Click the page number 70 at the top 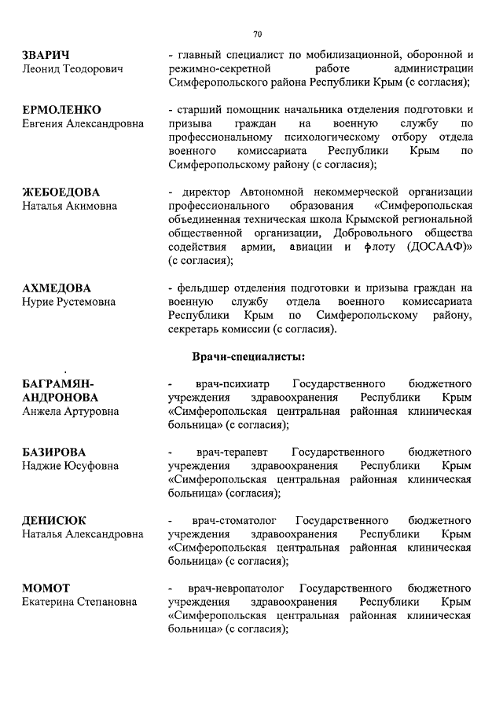[257, 34]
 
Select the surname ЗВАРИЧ [46, 54]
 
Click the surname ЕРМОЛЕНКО [62, 109]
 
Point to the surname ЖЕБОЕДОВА [61, 192]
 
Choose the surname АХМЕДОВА [57, 288]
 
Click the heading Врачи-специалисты [249, 357]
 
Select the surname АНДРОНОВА [60, 398]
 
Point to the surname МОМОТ [46, 588]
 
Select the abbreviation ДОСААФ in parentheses [437, 247]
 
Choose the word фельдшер [207, 288]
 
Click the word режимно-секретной [218, 68]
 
